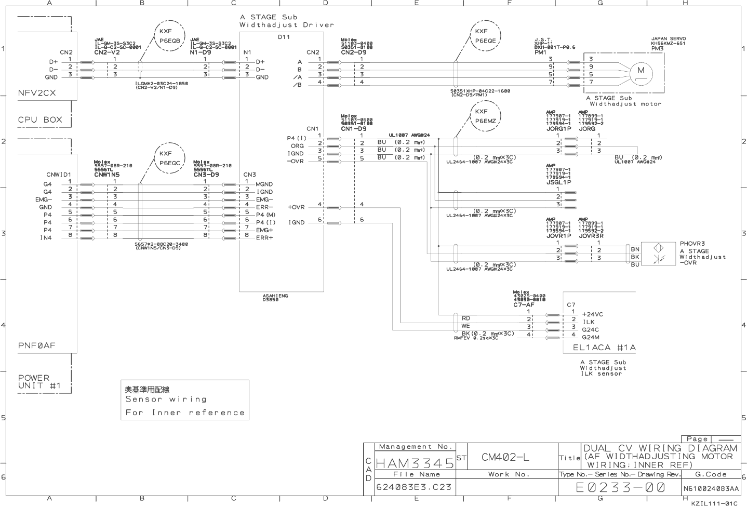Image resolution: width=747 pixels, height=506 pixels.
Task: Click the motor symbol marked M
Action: pyautogui.click(x=641, y=72)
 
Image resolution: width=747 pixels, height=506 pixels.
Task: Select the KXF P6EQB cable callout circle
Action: pyautogui.click(x=169, y=36)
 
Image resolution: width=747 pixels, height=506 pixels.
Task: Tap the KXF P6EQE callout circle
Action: pyautogui.click(x=485, y=36)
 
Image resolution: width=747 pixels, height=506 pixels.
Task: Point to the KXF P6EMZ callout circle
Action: pyautogui.click(x=485, y=116)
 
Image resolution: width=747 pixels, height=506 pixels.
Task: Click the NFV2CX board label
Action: pyautogui.click(x=37, y=93)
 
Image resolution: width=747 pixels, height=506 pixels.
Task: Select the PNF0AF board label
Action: pyautogui.click(x=37, y=345)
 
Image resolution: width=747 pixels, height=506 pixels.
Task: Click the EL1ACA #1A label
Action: pyautogui.click(x=604, y=348)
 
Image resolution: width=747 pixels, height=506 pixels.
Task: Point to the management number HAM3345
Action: pyautogui.click(x=415, y=463)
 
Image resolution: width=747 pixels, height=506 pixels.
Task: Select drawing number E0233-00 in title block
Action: pyautogui.click(x=620, y=487)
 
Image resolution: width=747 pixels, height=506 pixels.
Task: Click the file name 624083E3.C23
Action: pyautogui.click(x=414, y=487)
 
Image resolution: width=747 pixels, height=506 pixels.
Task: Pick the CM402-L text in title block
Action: pyautogui.click(x=505, y=457)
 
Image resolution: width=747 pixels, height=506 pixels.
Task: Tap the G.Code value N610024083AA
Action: pyautogui.click(x=711, y=488)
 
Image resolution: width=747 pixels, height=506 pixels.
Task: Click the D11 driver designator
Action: pyautogui.click(x=284, y=37)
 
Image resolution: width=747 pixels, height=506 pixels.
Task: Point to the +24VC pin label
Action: pyautogui.click(x=592, y=314)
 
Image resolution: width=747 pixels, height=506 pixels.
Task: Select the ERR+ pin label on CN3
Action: pyautogui.click(x=264, y=238)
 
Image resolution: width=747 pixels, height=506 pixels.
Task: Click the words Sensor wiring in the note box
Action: pyautogui.click(x=166, y=400)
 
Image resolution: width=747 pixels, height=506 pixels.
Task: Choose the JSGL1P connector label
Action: pyautogui.click(x=558, y=182)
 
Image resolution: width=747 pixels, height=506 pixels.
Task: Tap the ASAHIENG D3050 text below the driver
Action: pyautogui.click(x=275, y=298)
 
